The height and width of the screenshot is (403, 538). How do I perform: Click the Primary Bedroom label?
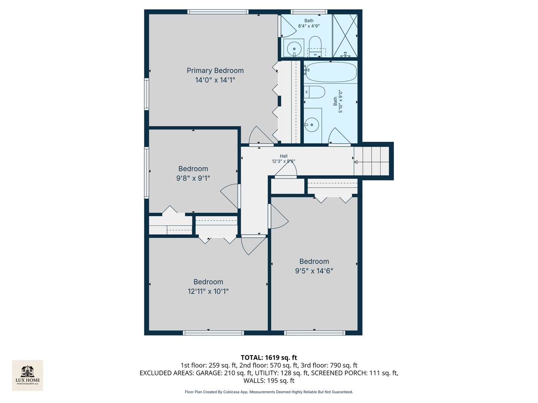(215, 71)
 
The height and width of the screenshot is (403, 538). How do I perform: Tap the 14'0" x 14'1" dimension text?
(215, 80)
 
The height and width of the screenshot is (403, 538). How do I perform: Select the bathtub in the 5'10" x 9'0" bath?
(330, 72)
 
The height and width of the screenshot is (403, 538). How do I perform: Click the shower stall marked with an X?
(345, 36)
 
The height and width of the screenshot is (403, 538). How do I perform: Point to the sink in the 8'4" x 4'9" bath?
(294, 49)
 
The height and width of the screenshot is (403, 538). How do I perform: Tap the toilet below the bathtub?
(315, 92)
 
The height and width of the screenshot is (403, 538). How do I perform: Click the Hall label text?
(284, 156)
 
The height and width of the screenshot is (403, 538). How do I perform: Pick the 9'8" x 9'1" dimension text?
(193, 178)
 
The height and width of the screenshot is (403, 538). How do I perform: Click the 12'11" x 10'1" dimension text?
(208, 291)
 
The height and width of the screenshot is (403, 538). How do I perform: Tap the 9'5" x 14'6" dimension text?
(314, 271)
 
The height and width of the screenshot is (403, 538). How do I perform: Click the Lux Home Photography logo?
(28, 375)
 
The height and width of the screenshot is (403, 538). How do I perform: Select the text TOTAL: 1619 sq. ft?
(269, 357)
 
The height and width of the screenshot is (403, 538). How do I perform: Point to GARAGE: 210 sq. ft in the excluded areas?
(224, 373)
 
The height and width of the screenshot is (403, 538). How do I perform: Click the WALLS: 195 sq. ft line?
(269, 381)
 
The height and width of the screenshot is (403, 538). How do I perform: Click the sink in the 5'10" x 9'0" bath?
(311, 125)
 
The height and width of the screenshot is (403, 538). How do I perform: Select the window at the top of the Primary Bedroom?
(218, 12)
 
